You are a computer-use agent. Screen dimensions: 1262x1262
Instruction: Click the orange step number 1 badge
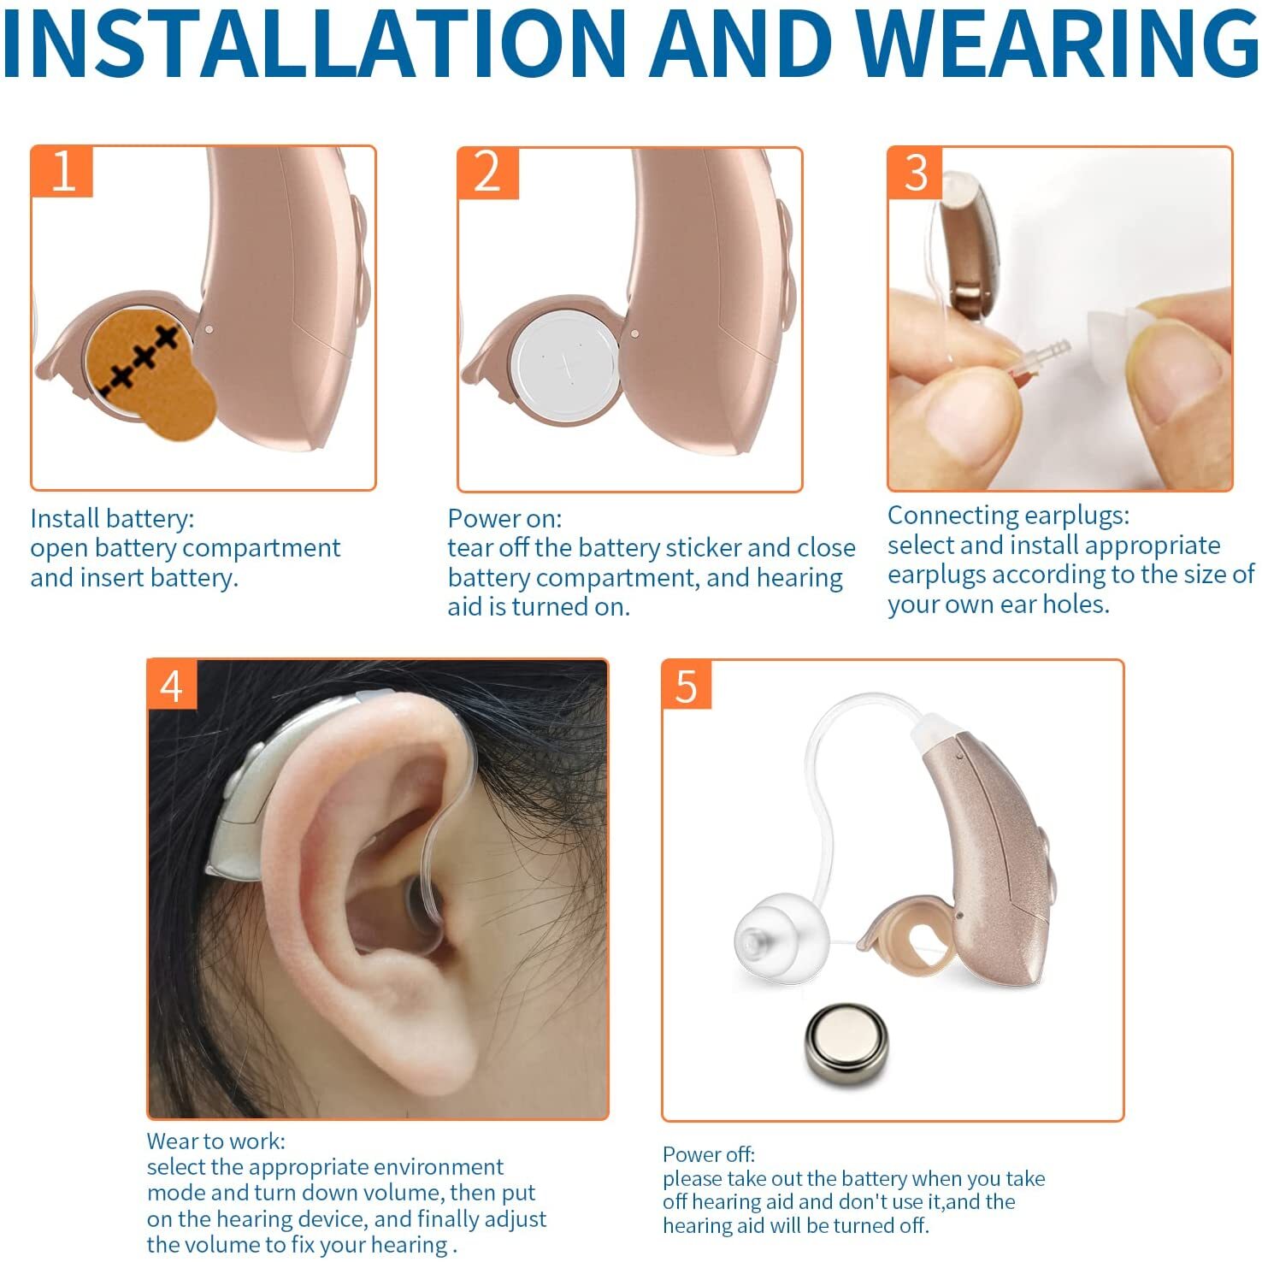tap(62, 172)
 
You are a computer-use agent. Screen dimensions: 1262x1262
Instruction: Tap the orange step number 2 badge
tap(488, 174)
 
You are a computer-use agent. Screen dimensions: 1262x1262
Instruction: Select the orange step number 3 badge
tap(916, 173)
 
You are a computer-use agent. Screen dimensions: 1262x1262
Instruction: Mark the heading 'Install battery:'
tap(112, 518)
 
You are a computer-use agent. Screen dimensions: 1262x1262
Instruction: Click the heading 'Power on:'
tap(504, 518)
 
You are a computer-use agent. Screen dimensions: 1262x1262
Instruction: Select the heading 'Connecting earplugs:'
tap(1008, 516)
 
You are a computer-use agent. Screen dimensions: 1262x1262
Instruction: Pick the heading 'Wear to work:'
tap(216, 1141)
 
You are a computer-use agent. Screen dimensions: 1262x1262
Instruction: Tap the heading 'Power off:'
tap(709, 1154)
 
